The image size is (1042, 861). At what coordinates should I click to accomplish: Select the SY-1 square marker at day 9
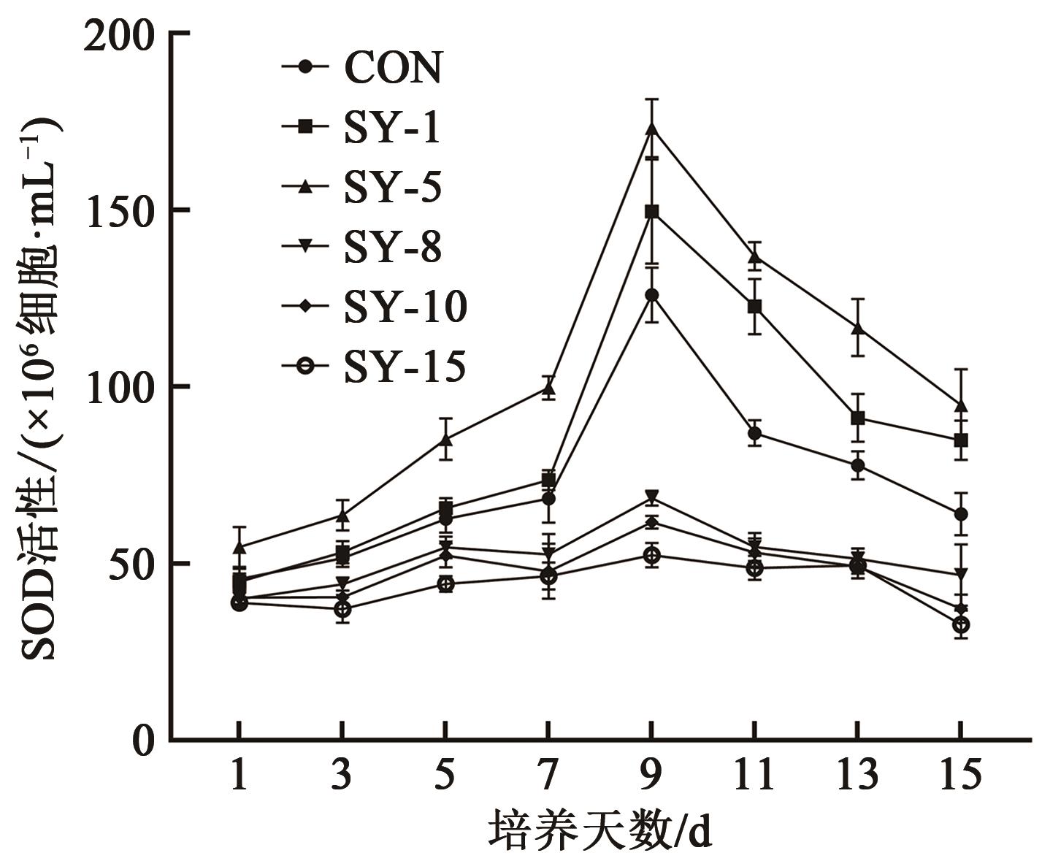tap(652, 212)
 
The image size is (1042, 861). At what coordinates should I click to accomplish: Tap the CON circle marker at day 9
tap(652, 295)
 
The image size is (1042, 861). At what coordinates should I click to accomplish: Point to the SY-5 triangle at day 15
tap(961, 405)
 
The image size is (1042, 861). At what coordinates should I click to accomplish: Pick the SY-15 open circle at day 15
tap(961, 624)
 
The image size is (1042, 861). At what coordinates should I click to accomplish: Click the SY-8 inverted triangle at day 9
tap(652, 497)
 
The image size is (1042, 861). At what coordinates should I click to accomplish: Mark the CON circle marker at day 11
tap(755, 434)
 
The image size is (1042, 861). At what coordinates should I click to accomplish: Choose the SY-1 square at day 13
tap(858, 418)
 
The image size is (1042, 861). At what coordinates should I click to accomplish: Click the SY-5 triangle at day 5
tap(446, 440)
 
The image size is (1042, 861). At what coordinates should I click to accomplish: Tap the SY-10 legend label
tap(405, 307)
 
